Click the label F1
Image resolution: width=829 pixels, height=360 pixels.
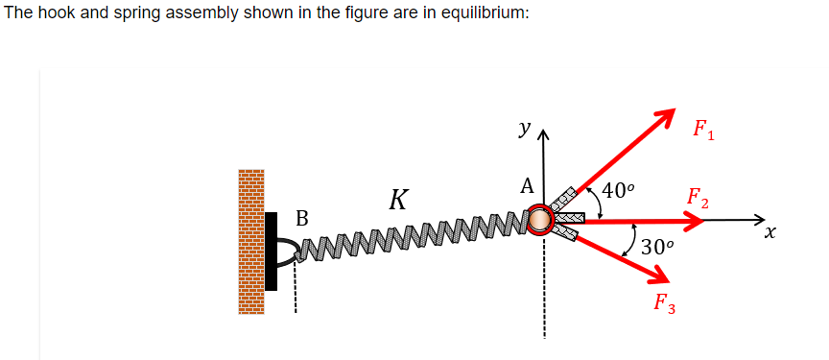click(705, 130)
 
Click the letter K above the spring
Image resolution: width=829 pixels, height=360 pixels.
click(399, 201)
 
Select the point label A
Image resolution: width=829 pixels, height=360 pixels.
click(526, 186)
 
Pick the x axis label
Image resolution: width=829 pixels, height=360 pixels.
click(770, 232)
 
